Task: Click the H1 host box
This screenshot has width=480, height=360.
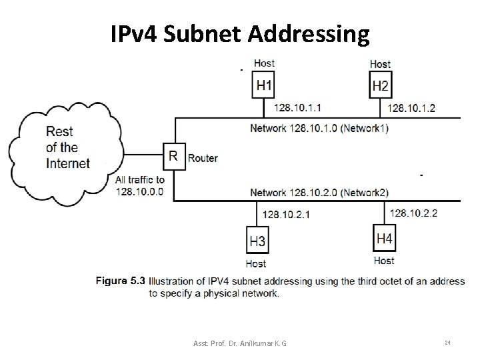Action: (264, 85)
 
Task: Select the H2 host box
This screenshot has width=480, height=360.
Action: (380, 85)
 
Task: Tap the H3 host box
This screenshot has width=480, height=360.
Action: (257, 241)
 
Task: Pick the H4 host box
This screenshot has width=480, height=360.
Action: (384, 238)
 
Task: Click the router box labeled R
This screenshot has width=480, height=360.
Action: (173, 156)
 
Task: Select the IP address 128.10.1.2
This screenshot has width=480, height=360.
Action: (411, 108)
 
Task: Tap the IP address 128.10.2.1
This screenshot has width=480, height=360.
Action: (286, 214)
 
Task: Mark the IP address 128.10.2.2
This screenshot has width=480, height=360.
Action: (413, 213)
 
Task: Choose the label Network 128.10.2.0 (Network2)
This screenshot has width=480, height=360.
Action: (319, 193)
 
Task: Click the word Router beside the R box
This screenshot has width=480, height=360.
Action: (203, 158)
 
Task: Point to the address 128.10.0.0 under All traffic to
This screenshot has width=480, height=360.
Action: (139, 191)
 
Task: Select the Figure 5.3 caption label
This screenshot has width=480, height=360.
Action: (120, 281)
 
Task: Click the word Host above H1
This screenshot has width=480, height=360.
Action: (264, 63)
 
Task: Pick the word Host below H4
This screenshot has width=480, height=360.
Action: (384, 260)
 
